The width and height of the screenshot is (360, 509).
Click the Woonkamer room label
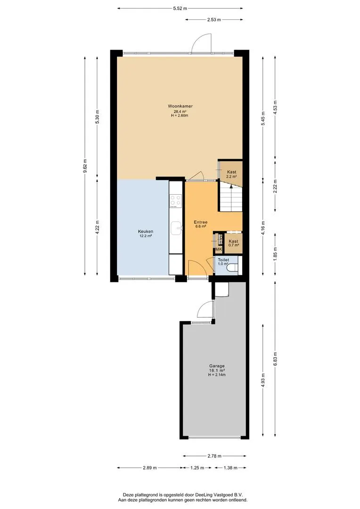[180, 106]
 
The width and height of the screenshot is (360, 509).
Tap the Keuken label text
[146, 231]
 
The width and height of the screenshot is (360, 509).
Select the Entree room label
[201, 222]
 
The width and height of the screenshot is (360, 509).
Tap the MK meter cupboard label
[219, 249]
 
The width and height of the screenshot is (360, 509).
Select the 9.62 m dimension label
[85, 166]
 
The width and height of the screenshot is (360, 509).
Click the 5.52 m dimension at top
[180, 8]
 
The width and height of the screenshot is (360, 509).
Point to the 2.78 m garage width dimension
[214, 456]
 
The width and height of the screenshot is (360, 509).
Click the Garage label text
[217, 366]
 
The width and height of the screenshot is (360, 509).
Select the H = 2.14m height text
[217, 375]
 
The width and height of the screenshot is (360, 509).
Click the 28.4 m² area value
[180, 111]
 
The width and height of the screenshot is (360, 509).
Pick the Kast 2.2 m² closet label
[231, 174]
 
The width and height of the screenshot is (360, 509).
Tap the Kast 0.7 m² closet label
[233, 243]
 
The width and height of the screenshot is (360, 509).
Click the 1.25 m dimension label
[197, 468]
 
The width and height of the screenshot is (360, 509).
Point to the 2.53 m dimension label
[214, 19]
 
